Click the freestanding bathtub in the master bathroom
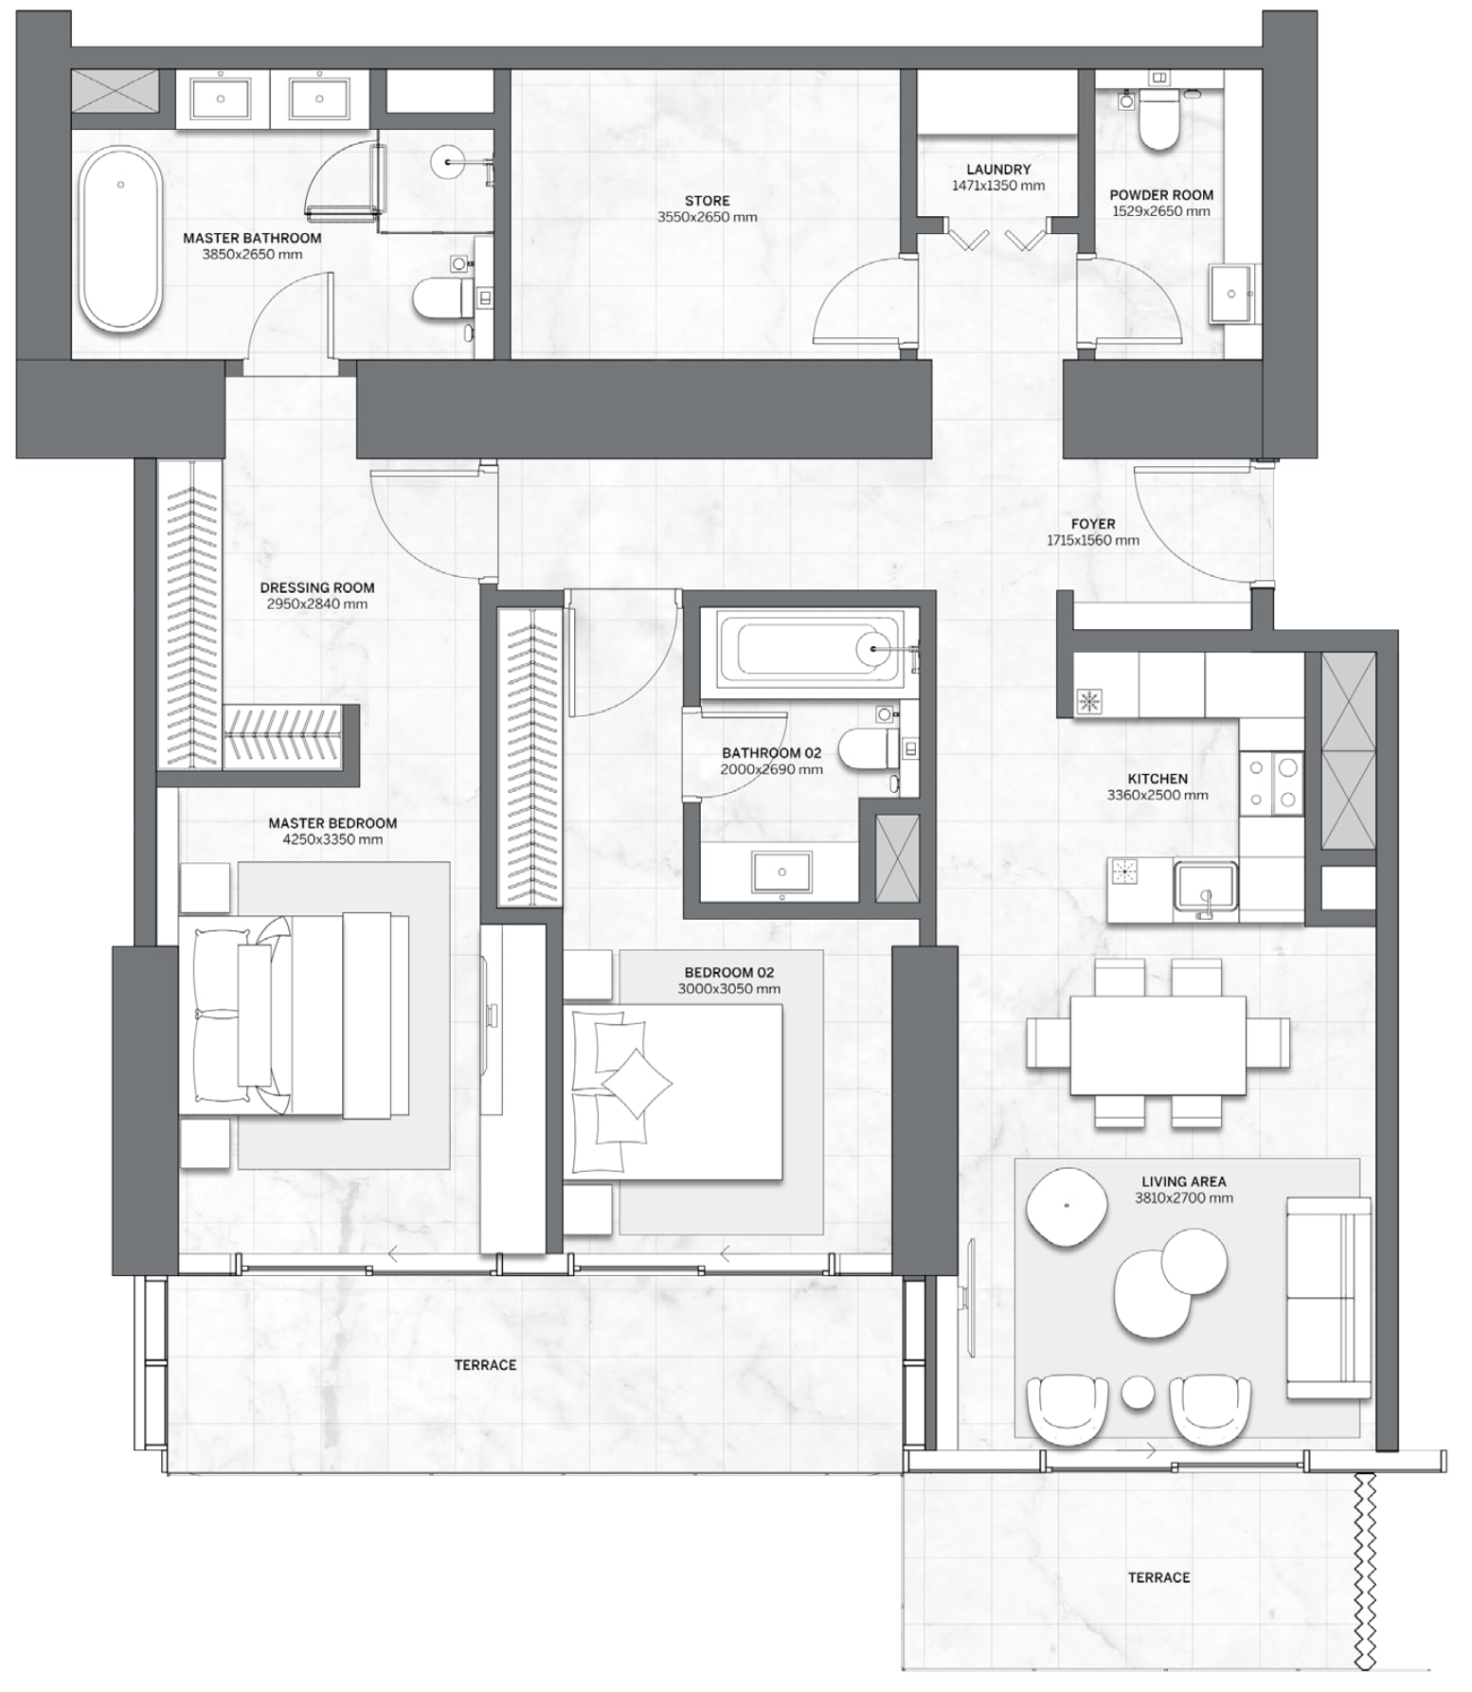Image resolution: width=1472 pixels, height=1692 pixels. pos(119,239)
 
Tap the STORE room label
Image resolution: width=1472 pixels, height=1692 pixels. pos(707,201)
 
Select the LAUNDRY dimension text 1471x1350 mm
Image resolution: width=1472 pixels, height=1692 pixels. pos(998,186)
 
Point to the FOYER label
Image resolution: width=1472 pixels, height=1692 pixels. pos(1092,524)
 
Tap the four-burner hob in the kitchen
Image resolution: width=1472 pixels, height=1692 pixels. pos(1271,782)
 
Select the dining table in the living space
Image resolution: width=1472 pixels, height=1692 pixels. pos(1158,1044)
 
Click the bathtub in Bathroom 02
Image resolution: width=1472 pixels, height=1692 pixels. pos(809,648)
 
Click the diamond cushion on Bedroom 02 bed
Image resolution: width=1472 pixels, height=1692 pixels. pos(637,1082)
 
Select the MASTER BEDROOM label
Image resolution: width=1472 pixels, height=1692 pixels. pos(332,823)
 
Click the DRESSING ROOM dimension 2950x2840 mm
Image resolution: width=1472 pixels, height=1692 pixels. pos(316,603)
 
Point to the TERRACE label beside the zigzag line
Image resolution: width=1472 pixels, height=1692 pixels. pos(1158,1577)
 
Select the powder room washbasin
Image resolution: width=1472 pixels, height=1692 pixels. pos(1231,294)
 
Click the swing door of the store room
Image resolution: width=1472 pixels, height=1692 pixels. pos(857,308)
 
